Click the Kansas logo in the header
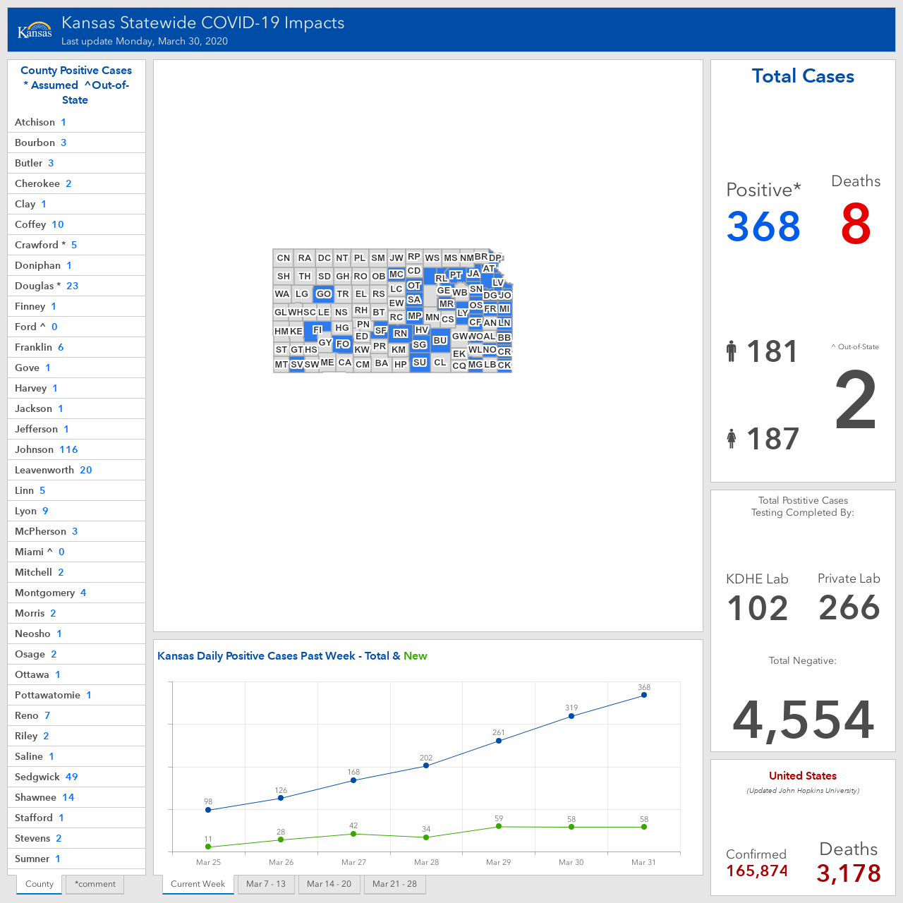(x=35, y=30)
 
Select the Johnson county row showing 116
(x=76, y=449)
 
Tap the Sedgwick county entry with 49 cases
(x=76, y=777)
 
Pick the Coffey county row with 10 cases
(x=76, y=224)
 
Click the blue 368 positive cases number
(x=763, y=226)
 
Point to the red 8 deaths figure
(x=856, y=224)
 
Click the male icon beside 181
(x=731, y=351)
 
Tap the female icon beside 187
(x=731, y=439)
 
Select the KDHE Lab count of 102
(x=757, y=608)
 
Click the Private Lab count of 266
(x=849, y=607)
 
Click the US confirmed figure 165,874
(x=757, y=871)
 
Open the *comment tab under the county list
(x=95, y=884)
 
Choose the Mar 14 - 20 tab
(x=329, y=884)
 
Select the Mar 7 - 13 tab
(x=266, y=884)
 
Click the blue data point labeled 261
(x=499, y=741)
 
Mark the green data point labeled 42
(x=353, y=834)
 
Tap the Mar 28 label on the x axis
(x=426, y=862)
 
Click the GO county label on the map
(x=323, y=293)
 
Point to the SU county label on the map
(x=419, y=362)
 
